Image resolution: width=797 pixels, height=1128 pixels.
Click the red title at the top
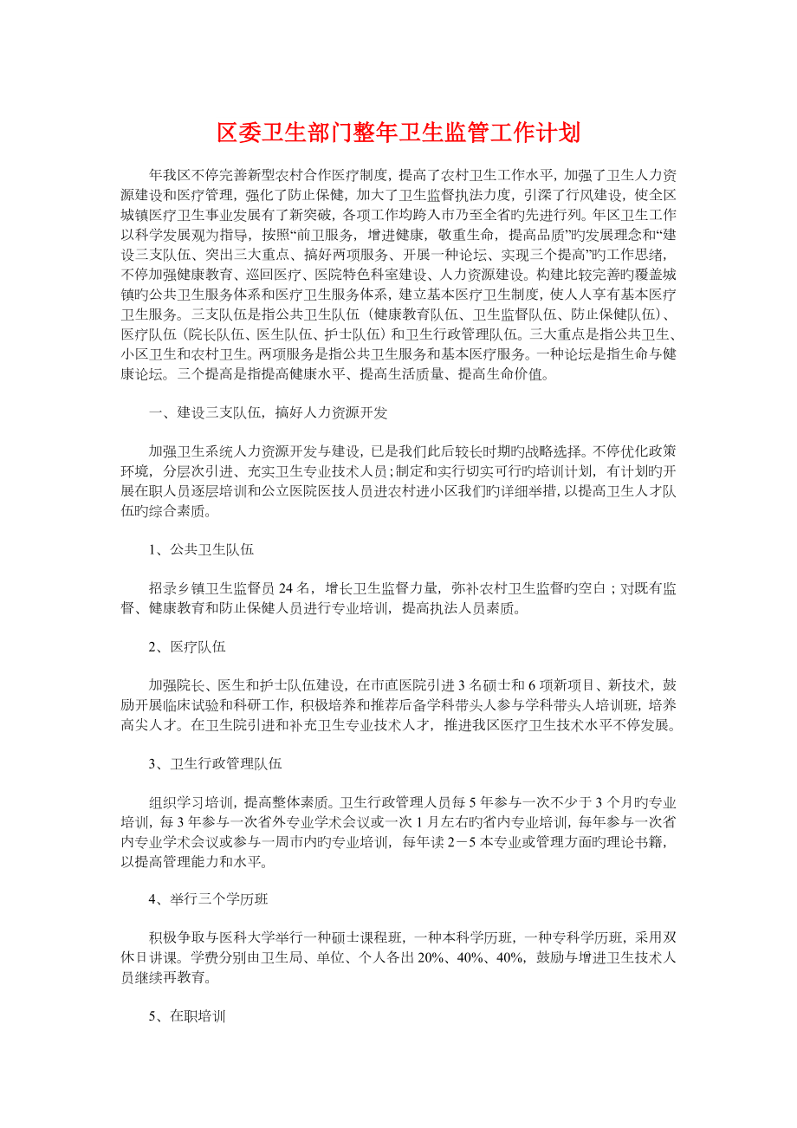[x=398, y=133]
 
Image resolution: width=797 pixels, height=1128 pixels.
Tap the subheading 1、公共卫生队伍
[x=201, y=549]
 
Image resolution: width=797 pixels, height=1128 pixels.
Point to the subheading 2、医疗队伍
[x=186, y=646]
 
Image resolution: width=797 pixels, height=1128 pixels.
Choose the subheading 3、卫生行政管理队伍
[x=215, y=763]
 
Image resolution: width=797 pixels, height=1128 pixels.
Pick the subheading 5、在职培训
[x=186, y=1016]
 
